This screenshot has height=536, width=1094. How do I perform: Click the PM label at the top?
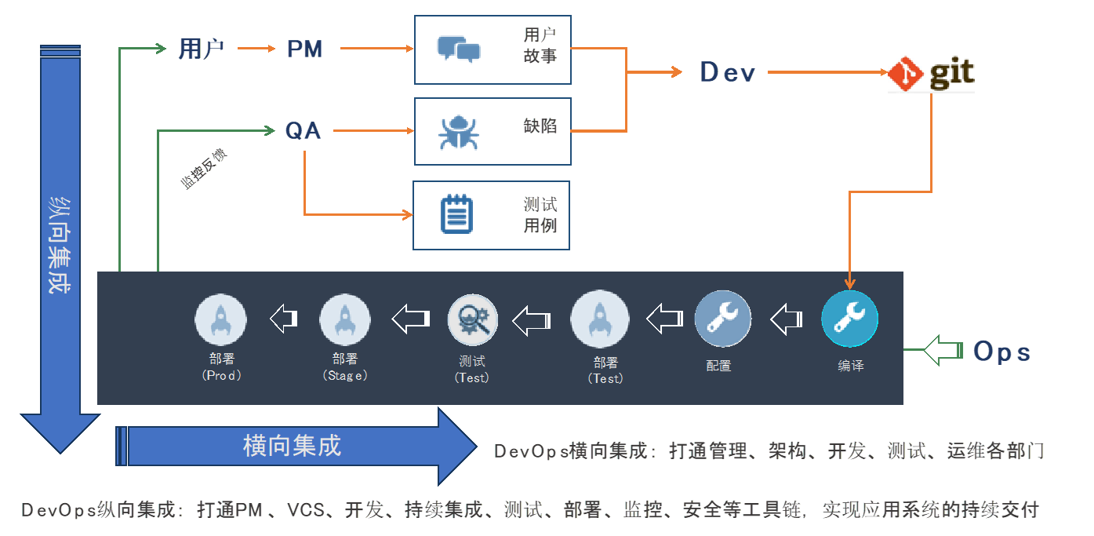pos(304,49)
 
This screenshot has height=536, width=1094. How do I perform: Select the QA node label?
pos(303,131)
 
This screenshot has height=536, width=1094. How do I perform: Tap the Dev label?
pos(727,72)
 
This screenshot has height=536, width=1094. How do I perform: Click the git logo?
pos(932,74)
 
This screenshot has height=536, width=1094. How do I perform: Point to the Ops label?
pos(1001,352)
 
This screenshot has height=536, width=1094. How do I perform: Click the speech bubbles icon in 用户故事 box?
pos(459,49)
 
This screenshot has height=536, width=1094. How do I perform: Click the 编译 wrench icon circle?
pos(849,319)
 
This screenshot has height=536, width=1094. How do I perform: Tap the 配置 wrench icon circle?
pos(722,319)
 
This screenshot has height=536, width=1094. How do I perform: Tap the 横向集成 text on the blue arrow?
pos(292,446)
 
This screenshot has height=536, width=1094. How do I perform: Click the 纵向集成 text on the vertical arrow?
pos(60,245)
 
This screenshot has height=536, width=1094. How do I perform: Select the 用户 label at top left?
pos(202,49)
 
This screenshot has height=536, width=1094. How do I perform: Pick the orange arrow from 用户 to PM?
pos(255,49)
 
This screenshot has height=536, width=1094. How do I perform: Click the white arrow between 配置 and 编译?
pos(786,319)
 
